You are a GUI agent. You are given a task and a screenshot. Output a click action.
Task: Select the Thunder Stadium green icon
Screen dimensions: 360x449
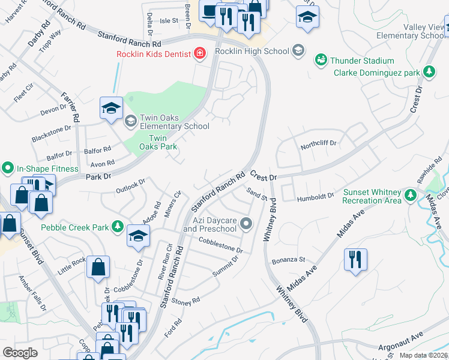pyautogui.click(x=321, y=61)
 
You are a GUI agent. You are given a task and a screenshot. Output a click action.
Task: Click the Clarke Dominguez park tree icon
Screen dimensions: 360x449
pyautogui.click(x=429, y=73)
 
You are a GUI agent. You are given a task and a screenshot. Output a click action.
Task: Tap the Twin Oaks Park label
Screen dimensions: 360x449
pyautogui.click(x=153, y=142)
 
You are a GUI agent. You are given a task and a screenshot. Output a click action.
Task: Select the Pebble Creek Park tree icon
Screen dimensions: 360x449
pyautogui.click(x=119, y=227)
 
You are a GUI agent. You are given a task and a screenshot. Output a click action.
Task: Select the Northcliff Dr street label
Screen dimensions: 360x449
pyautogui.click(x=319, y=144)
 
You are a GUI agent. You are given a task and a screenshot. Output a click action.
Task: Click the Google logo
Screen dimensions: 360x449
pyautogui.click(x=20, y=353)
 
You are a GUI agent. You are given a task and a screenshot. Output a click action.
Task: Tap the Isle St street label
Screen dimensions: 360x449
pyautogui.click(x=169, y=20)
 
